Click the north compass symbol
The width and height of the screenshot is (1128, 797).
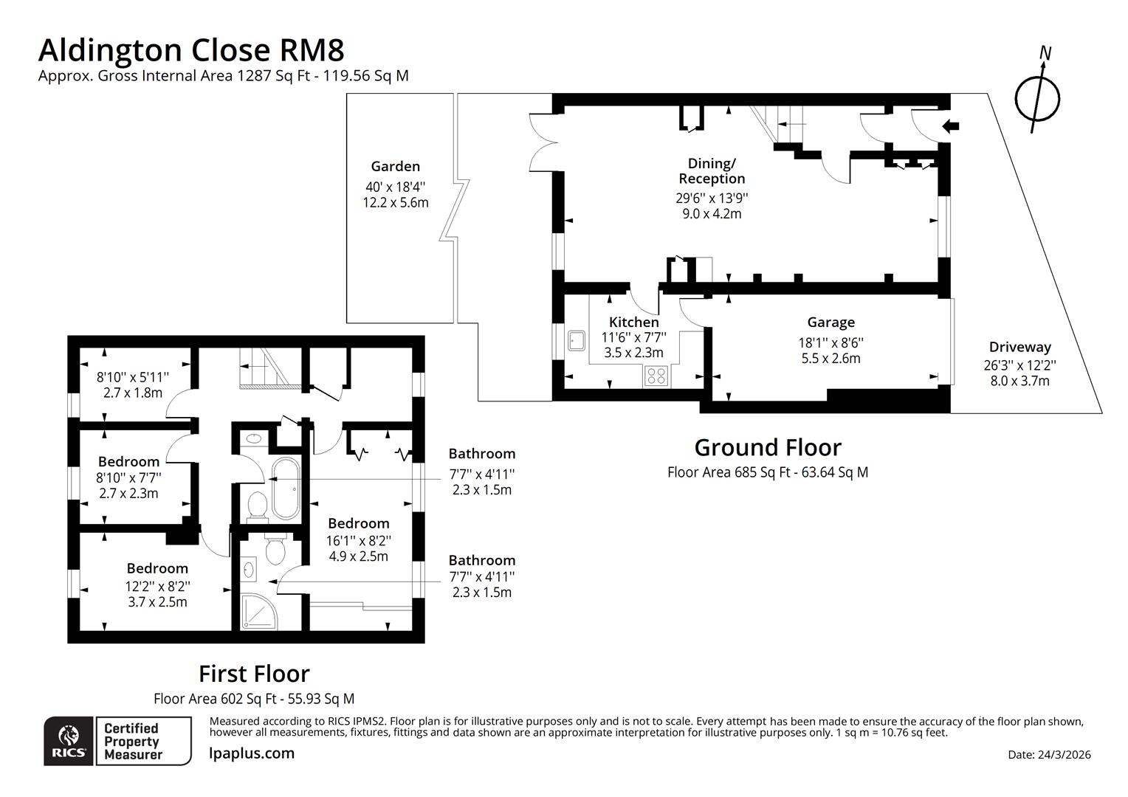tap(1037, 97)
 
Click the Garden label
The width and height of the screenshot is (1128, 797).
tap(395, 167)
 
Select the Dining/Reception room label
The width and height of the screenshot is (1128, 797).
tap(712, 171)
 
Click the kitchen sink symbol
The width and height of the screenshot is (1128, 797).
tap(577, 340)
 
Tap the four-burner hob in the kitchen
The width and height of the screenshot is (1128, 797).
tap(656, 376)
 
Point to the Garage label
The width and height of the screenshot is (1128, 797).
tap(830, 322)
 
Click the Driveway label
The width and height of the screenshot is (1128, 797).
tap(1019, 347)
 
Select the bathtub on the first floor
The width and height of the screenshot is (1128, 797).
tap(285, 489)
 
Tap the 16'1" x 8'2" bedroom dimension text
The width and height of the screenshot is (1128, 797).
tap(358, 540)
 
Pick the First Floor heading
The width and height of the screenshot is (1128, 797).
tap(254, 674)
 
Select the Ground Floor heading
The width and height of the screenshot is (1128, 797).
tap(767, 448)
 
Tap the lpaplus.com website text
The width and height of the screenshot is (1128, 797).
tap(252, 753)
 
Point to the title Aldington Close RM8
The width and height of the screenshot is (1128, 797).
tap(191, 50)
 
